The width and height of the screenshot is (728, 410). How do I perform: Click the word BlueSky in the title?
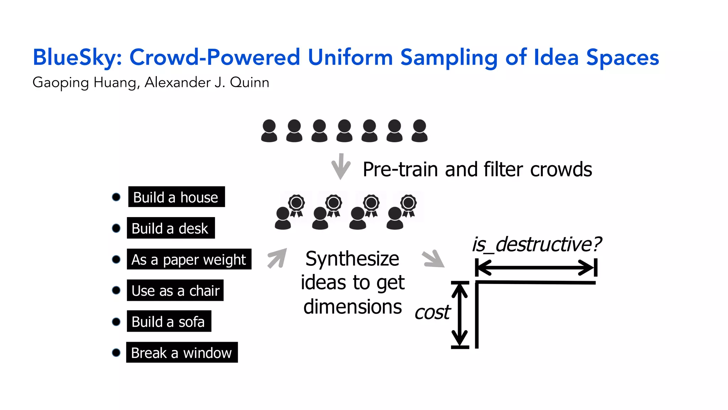(x=77, y=58)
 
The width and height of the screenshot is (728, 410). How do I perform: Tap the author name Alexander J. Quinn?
(x=207, y=83)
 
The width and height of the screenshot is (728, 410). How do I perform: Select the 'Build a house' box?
(x=176, y=197)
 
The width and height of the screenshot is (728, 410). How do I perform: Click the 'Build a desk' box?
(x=171, y=228)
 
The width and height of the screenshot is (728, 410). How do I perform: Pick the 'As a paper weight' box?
(x=189, y=259)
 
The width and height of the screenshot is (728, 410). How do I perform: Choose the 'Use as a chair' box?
(x=175, y=290)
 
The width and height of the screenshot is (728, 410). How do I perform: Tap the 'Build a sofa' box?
(x=169, y=321)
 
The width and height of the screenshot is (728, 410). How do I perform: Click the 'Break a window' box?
(x=182, y=353)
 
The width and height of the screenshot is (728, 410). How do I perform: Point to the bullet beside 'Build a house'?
(x=116, y=197)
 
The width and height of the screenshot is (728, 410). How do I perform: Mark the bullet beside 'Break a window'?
(x=116, y=353)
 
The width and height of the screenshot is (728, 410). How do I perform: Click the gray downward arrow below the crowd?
(x=341, y=166)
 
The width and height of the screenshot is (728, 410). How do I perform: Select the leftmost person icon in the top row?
(x=269, y=131)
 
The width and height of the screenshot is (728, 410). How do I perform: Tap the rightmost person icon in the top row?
(x=419, y=131)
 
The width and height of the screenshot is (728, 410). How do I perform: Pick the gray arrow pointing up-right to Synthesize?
(x=278, y=258)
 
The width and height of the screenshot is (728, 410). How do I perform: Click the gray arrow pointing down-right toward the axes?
(x=433, y=258)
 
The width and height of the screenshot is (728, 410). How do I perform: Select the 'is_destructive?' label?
(x=536, y=245)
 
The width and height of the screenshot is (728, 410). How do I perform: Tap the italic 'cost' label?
(x=432, y=312)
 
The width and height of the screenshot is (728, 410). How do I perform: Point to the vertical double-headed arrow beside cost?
(x=460, y=315)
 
